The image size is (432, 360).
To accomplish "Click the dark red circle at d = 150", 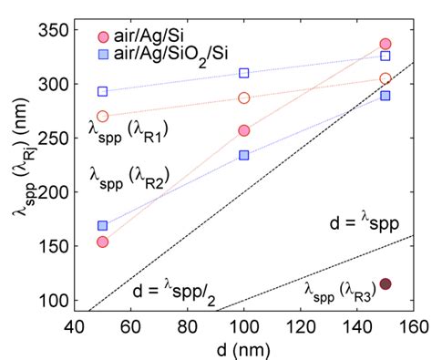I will point(386,284).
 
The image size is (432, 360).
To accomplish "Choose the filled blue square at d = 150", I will point(386,96).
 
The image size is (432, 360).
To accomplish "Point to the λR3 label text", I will point(338,291).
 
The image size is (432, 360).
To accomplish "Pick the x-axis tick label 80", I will point(188,326).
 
